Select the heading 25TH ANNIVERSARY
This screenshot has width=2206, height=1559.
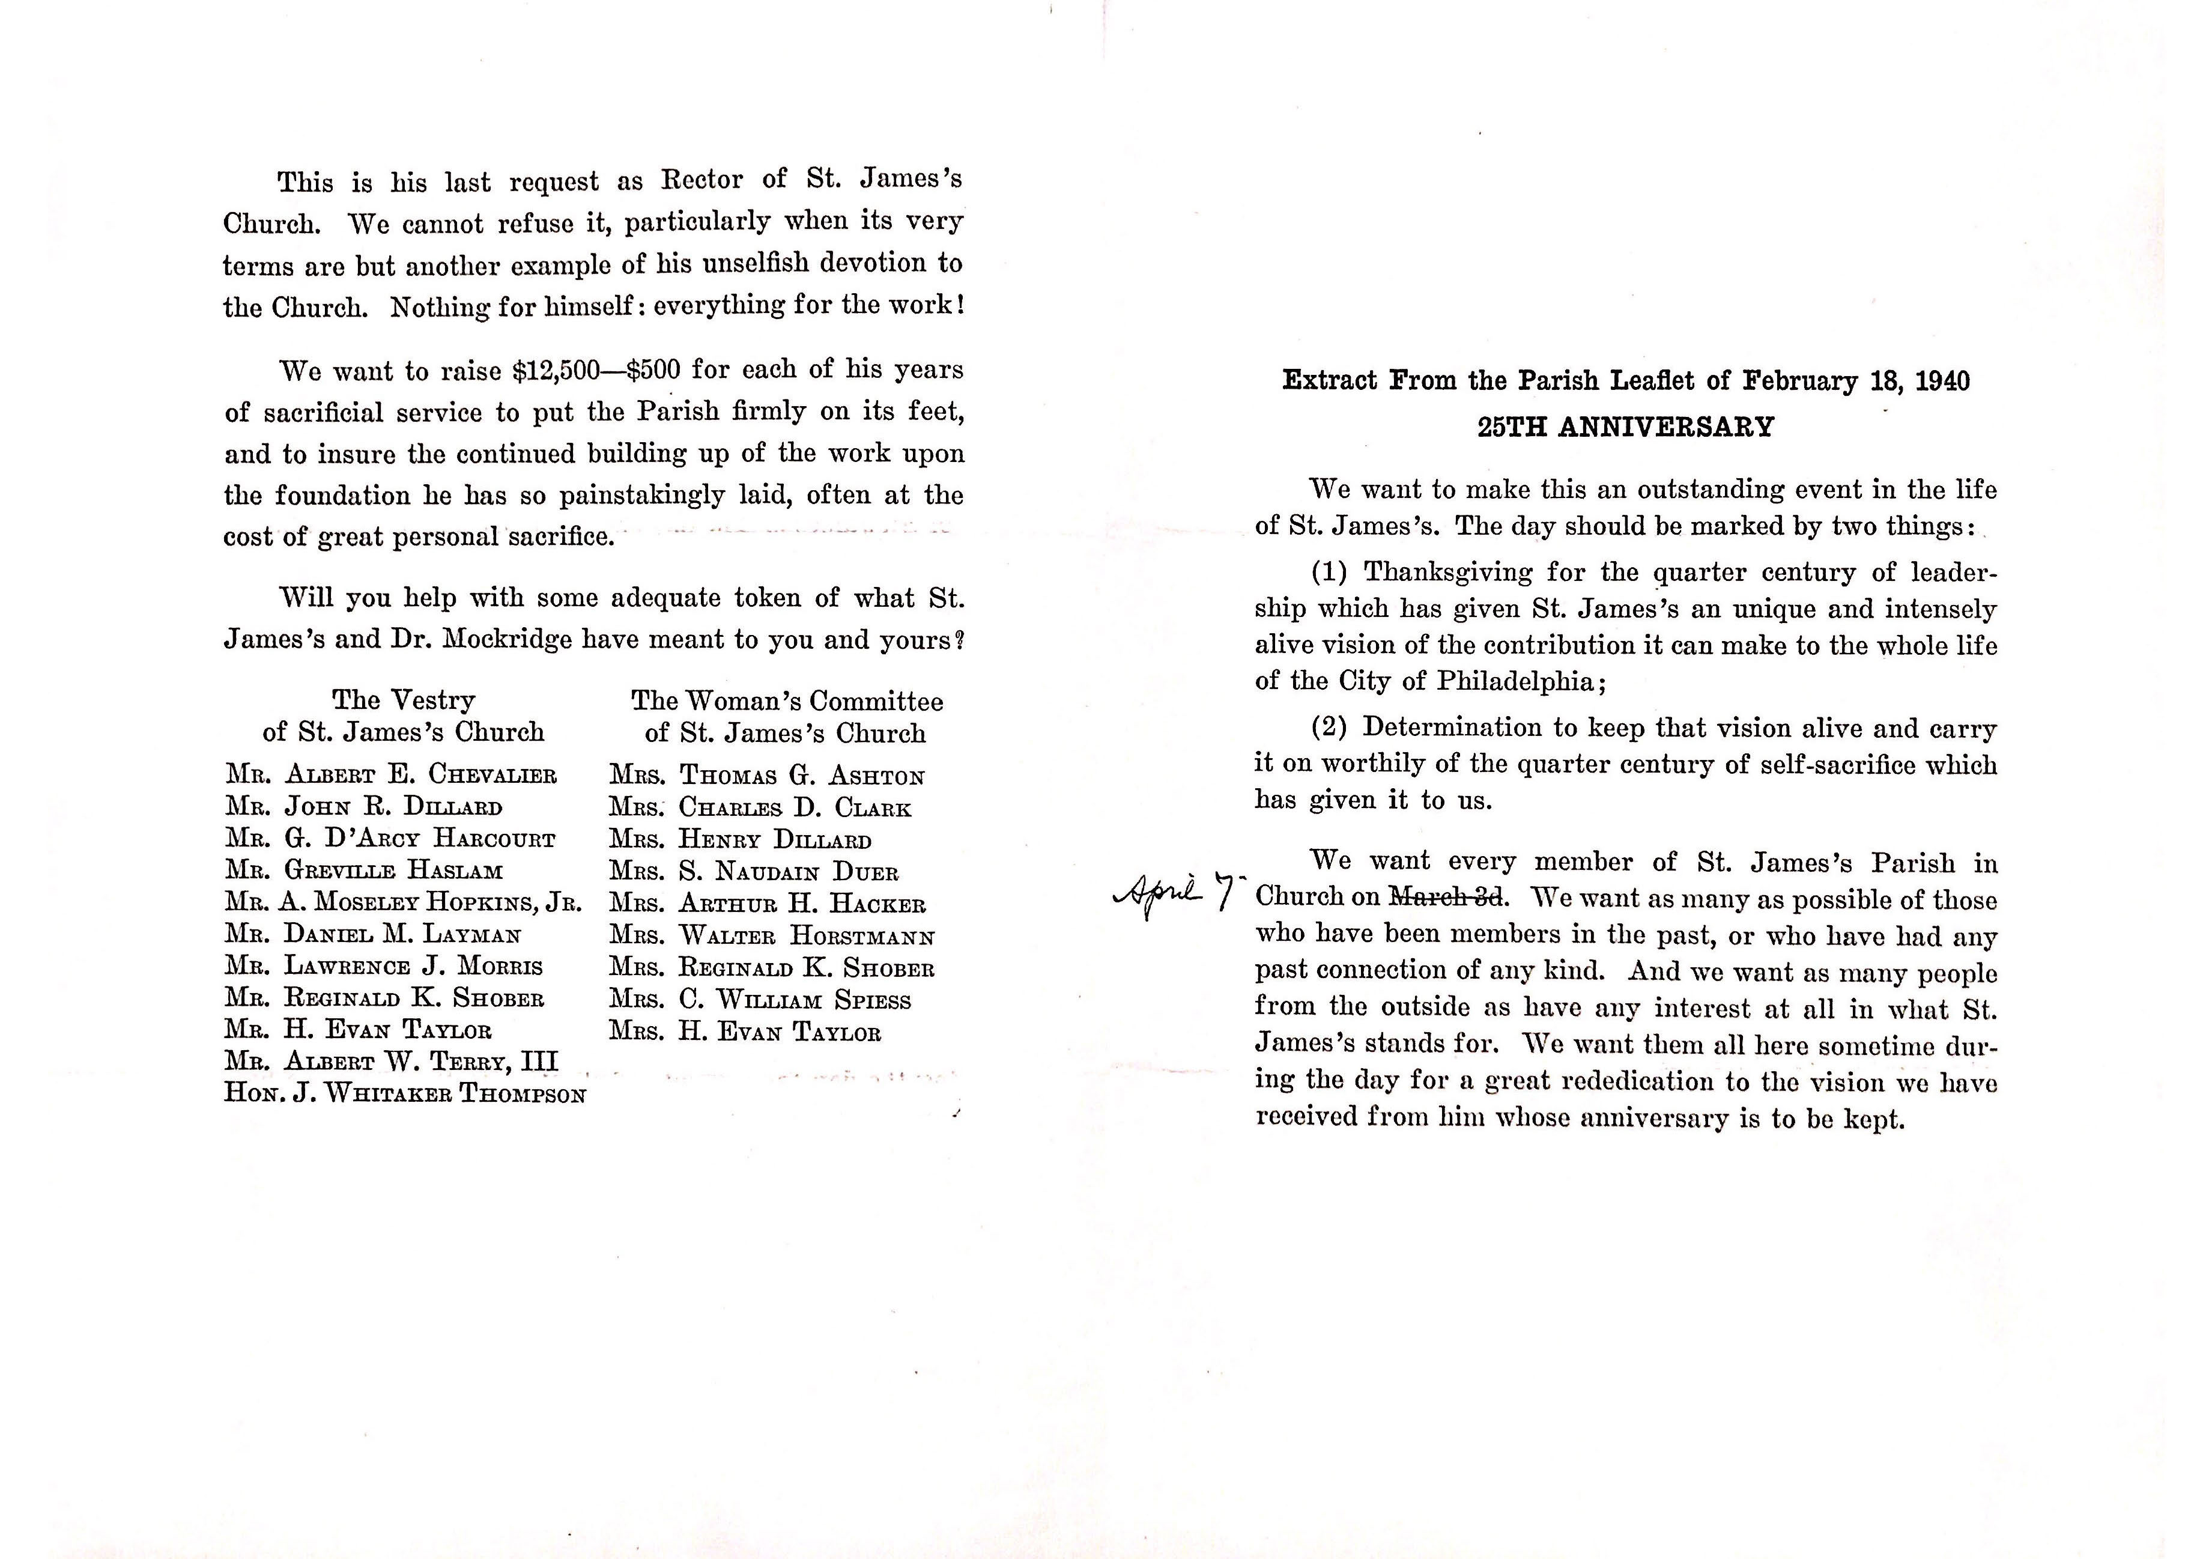tap(1626, 427)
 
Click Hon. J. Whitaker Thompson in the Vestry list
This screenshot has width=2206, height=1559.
tap(404, 1094)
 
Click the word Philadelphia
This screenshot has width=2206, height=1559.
tap(1515, 681)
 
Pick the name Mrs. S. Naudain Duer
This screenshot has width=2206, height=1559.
tap(754, 873)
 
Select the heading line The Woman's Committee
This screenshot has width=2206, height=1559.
tap(787, 702)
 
